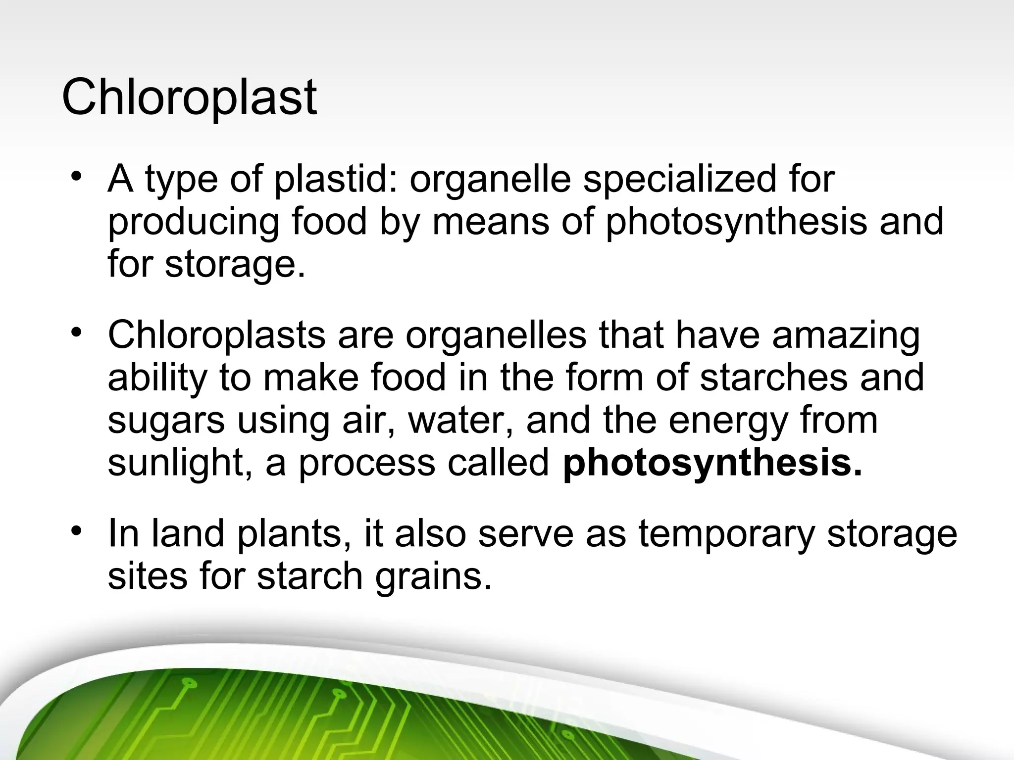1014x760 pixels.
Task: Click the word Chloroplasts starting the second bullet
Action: tap(216, 335)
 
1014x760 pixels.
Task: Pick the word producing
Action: tap(194, 223)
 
